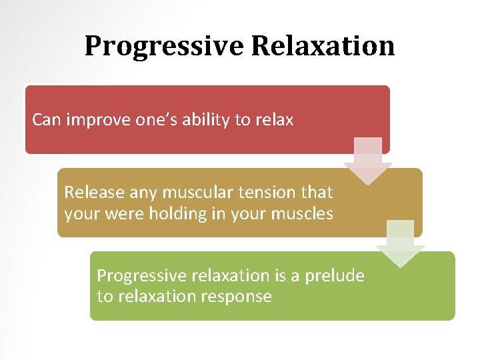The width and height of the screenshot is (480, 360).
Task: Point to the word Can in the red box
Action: click(x=46, y=120)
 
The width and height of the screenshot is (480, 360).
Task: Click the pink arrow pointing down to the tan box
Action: click(x=368, y=161)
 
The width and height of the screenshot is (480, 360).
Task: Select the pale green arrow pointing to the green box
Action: click(x=400, y=243)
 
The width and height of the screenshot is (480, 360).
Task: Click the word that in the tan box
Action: click(x=317, y=193)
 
